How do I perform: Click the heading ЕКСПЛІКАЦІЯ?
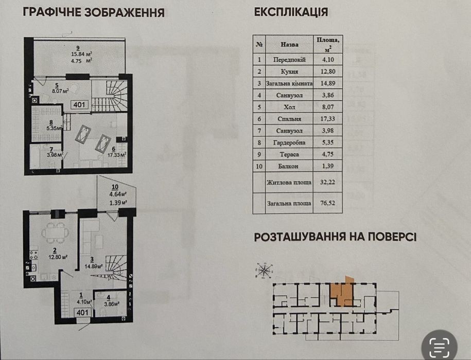pyautogui.click(x=291, y=12)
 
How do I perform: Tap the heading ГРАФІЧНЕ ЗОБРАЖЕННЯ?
pyautogui.click(x=93, y=12)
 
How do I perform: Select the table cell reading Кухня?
pyautogui.click(x=289, y=71)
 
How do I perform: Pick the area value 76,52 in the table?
pyautogui.click(x=327, y=203)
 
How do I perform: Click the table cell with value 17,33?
pyautogui.click(x=327, y=118)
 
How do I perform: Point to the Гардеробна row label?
pyautogui.click(x=289, y=142)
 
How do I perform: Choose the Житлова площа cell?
pyautogui.click(x=289, y=182)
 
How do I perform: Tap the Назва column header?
pyautogui.click(x=289, y=44)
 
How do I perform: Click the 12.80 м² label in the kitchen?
pyautogui.click(x=57, y=257)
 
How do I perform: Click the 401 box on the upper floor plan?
pyautogui.click(x=80, y=105)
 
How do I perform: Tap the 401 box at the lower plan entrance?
pyautogui.click(x=82, y=312)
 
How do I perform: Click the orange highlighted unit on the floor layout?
pyautogui.click(x=341, y=293)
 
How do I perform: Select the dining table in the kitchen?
pyautogui.click(x=55, y=232)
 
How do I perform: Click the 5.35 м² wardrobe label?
pyautogui.click(x=54, y=128)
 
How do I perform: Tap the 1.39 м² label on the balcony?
pyautogui.click(x=118, y=203)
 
